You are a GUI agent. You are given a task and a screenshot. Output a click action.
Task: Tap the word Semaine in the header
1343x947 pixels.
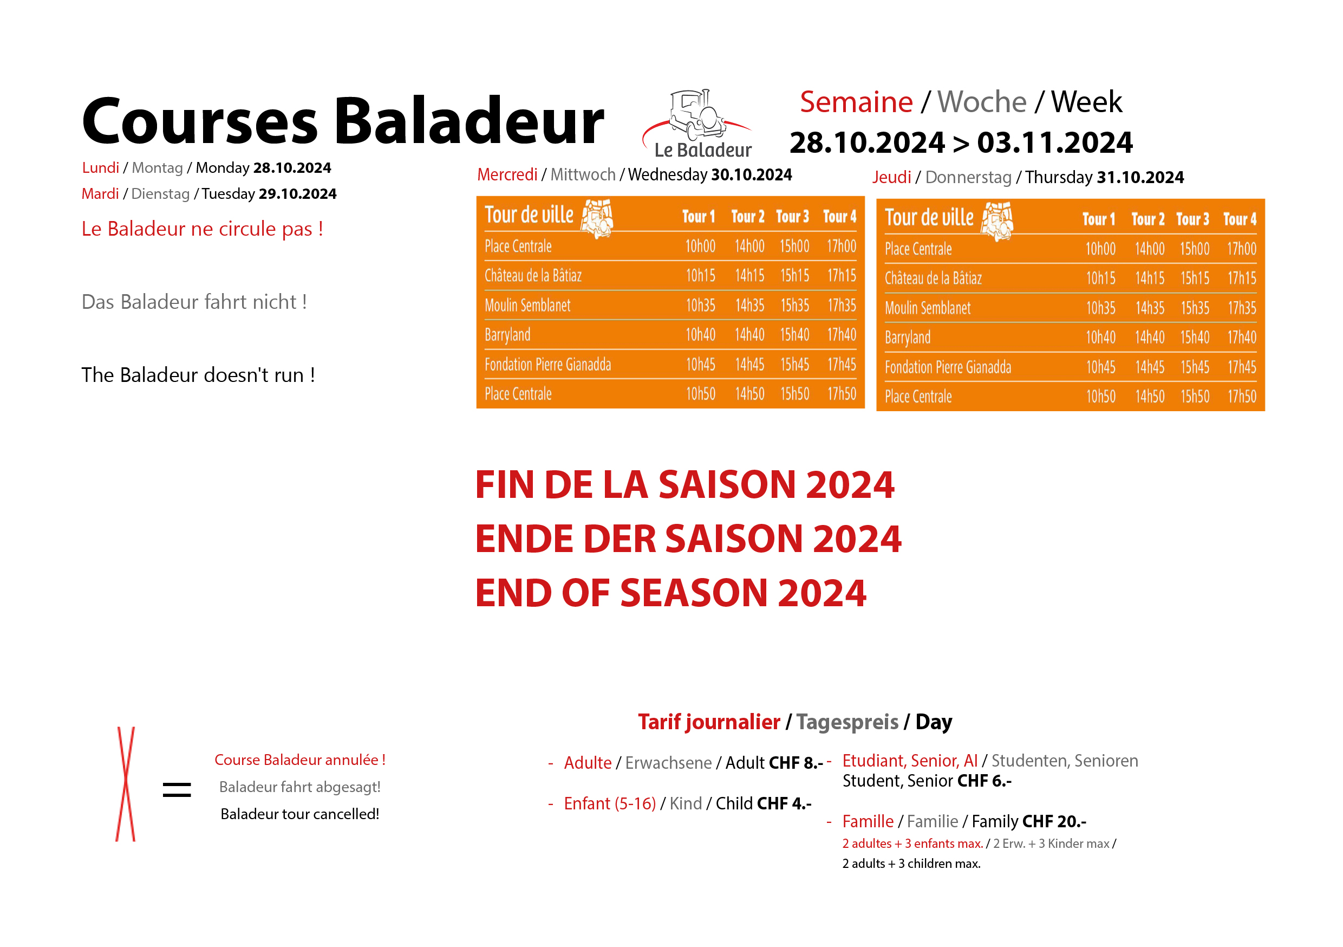(856, 102)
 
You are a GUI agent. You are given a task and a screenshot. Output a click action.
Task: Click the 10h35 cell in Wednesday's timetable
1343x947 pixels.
(700, 305)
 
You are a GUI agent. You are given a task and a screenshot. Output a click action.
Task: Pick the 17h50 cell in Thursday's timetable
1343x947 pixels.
(1241, 396)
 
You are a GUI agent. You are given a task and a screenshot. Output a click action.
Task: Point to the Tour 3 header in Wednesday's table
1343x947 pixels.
(792, 217)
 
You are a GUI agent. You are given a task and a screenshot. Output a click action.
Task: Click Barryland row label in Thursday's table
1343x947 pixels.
(907, 338)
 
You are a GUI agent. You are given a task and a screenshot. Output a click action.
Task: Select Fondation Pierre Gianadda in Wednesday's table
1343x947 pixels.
(547, 365)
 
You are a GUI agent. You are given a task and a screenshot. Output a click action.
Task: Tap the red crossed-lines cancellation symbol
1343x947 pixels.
(125, 784)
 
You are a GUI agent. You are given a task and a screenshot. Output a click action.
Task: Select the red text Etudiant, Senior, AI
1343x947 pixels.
(910, 760)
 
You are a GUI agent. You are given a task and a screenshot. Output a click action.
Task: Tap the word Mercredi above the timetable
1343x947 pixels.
(507, 174)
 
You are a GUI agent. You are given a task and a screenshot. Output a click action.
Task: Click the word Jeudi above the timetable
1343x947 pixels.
(891, 177)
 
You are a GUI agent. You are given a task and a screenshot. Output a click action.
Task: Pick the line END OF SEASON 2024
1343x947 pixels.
(670, 592)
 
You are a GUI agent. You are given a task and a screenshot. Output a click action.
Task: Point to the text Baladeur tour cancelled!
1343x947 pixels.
(299, 814)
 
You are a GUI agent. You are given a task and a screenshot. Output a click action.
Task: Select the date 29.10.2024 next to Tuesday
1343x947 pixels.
(298, 194)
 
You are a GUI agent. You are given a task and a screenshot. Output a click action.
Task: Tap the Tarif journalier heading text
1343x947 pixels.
(709, 722)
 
